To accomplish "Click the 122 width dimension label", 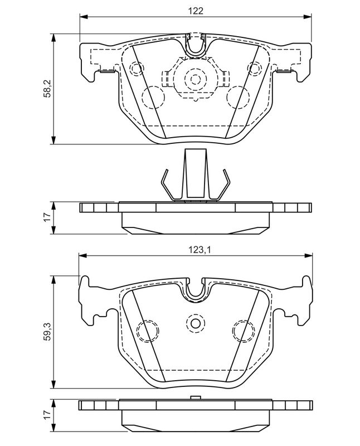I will [194, 11].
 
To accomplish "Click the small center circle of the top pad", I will [194, 79].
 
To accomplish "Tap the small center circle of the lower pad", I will [195, 322].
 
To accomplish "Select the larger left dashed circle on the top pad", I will [153, 97].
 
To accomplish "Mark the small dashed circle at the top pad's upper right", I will [255, 69].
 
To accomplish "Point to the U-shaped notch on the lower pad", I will [195, 289].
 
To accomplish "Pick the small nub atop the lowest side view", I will [194, 397].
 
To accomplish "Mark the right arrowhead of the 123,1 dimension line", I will [308, 255].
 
